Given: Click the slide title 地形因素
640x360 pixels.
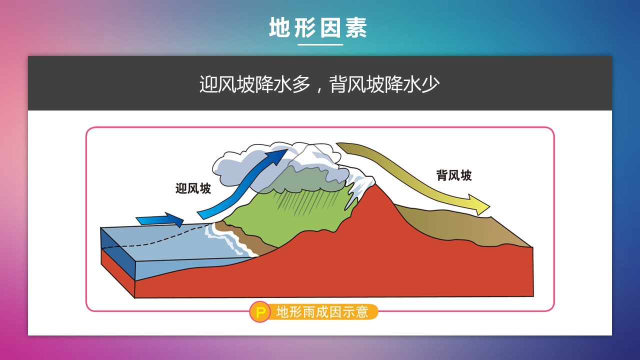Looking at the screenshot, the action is [x=317, y=27].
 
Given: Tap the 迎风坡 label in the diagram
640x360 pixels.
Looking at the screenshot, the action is [x=193, y=188].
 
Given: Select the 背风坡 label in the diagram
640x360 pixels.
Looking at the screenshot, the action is [x=454, y=175].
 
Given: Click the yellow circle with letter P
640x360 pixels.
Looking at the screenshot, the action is [x=259, y=312].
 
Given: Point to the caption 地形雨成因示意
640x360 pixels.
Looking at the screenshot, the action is [x=322, y=311].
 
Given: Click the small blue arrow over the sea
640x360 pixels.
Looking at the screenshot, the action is [x=160, y=219].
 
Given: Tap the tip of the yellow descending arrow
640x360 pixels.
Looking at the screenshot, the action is [x=489, y=205].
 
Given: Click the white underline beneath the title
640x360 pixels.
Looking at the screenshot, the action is [x=320, y=44].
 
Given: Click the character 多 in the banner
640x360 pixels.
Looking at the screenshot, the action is [x=301, y=84].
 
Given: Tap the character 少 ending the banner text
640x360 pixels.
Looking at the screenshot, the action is [x=430, y=84].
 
